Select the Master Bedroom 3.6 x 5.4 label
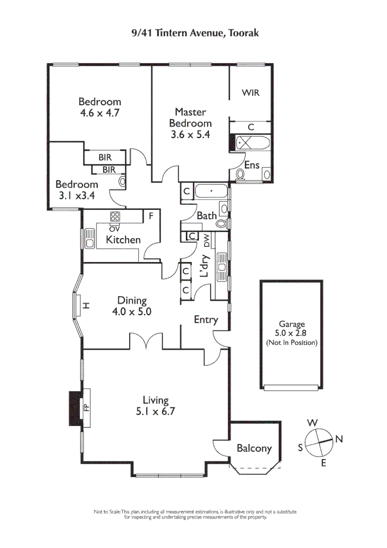tap(190, 123)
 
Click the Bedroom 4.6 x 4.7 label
tap(99, 108)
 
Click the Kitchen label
tap(123, 239)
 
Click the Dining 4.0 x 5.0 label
tap(131, 306)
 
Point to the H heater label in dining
tap(86, 305)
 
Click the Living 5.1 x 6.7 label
tap(155, 406)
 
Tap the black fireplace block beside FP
tap(75, 407)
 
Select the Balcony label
tap(254, 449)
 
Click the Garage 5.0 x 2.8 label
tap(292, 333)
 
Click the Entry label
tap(206, 320)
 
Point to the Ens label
tap(252, 165)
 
